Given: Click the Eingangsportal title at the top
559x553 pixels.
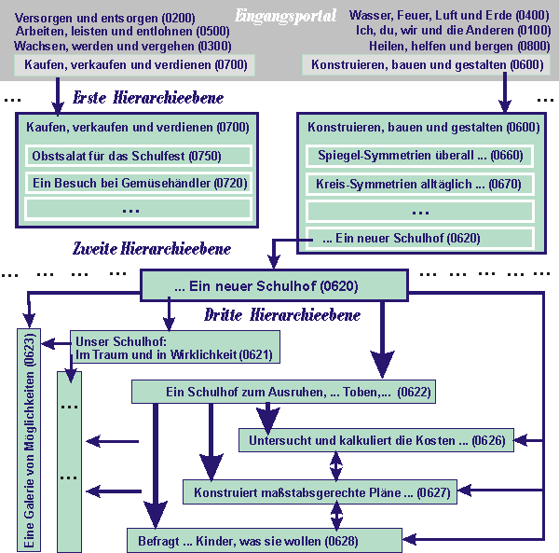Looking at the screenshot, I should click(286, 16).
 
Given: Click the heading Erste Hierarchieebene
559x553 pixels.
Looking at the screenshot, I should click(148, 98).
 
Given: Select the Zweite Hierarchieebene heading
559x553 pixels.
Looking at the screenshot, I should click(152, 249).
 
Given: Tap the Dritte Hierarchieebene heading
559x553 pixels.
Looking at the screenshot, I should click(282, 315).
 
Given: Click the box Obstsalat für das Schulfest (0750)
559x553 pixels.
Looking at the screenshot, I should click(137, 156).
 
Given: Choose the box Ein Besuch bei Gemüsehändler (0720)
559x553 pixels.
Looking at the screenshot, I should click(137, 183).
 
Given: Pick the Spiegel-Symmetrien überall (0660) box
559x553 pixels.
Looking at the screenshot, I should click(419, 157).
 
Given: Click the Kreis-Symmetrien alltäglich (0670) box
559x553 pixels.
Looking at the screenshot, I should click(419, 184).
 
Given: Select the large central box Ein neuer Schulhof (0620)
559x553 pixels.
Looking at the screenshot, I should click(274, 286).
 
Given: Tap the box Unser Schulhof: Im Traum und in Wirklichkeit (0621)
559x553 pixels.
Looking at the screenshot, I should click(174, 348).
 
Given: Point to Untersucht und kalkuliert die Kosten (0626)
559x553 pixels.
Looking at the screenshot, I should click(376, 440).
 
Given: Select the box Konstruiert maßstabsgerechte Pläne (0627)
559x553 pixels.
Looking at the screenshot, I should click(320, 491).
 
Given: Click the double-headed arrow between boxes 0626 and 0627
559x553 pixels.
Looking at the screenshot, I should click(337, 465).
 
